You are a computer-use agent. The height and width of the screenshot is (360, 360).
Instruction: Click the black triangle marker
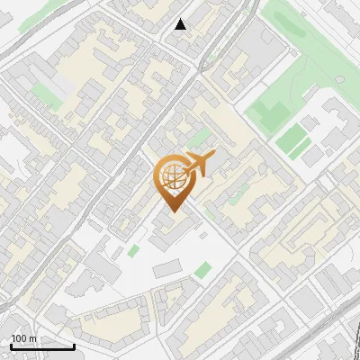point(181,24)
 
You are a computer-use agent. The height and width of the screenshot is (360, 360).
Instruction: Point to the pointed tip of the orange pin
point(172,211)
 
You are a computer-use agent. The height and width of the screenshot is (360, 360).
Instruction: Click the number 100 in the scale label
point(18,338)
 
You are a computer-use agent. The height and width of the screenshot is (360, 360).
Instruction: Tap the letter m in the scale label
point(32,338)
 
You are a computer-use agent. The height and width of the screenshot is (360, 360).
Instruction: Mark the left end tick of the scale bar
point(11,346)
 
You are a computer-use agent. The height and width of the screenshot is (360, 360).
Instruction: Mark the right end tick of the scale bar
point(75,346)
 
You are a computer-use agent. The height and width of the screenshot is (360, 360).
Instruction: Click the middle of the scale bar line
point(43,347)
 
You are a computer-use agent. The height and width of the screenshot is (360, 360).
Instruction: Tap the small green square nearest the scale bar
point(134,250)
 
